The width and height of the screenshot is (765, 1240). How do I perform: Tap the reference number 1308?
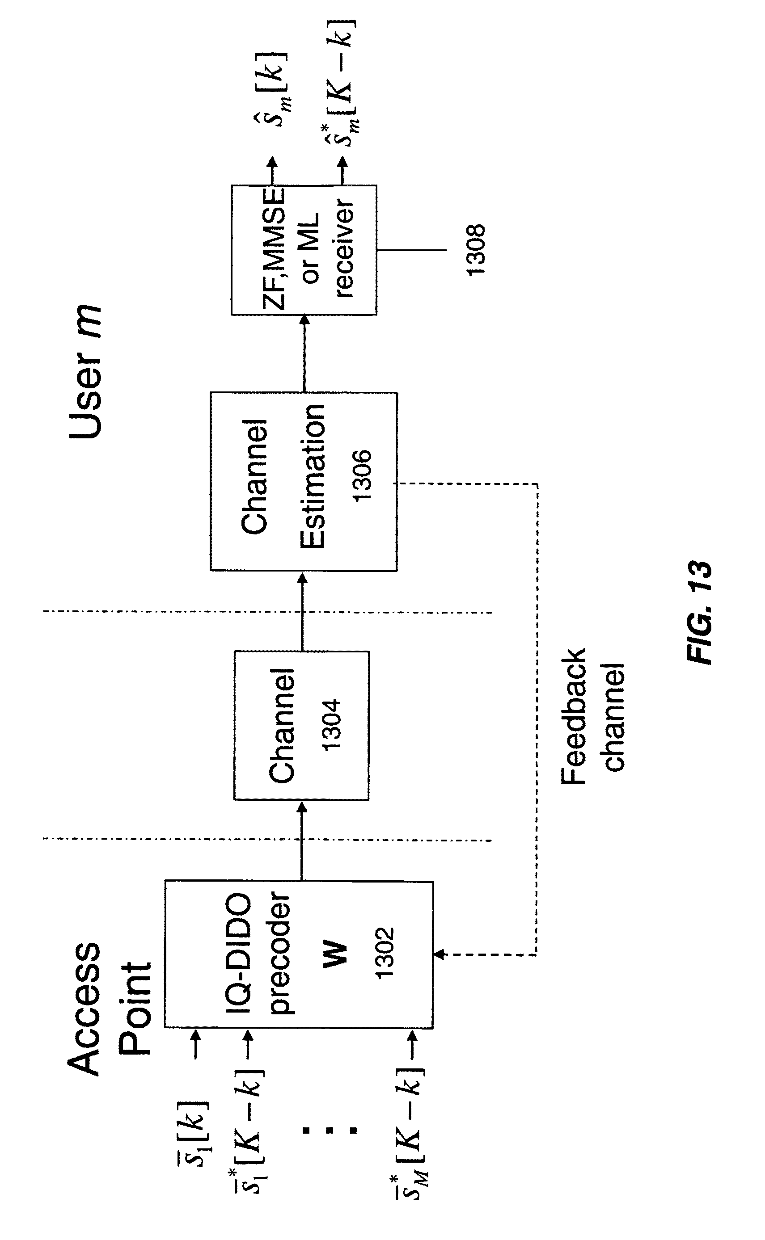pyautogui.click(x=476, y=250)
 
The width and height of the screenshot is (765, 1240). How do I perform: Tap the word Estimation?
pyautogui.click(x=312, y=476)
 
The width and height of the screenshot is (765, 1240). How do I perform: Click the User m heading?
pyautogui.click(x=85, y=372)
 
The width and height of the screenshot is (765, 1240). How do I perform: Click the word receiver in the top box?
pyautogui.click(x=343, y=248)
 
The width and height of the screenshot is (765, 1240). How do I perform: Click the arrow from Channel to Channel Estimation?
pyautogui.click(x=302, y=611)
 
